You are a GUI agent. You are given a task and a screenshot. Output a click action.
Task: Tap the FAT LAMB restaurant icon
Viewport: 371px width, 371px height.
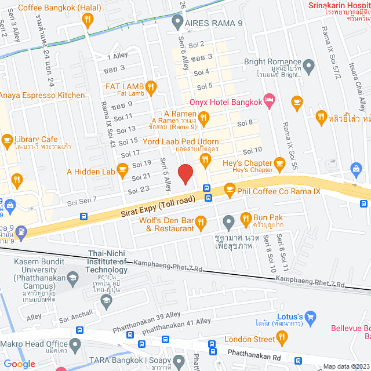click(x=150, y=87)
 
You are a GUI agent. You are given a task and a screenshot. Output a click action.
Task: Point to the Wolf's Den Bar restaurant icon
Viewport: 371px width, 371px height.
click(x=201, y=221)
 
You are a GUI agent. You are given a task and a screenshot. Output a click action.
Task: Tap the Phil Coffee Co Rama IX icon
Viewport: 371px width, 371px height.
click(x=230, y=188)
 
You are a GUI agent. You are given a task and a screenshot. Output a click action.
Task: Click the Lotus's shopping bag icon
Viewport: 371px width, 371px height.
click(x=311, y=317)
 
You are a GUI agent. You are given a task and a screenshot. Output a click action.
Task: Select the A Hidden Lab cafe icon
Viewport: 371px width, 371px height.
click(x=122, y=169)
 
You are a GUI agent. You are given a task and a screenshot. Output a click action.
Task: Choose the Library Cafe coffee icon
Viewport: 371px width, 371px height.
click(x=7, y=140)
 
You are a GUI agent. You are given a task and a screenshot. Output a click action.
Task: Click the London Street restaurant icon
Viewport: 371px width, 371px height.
click(x=282, y=336)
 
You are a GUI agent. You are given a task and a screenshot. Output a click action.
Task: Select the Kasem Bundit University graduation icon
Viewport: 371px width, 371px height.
click(x=72, y=278)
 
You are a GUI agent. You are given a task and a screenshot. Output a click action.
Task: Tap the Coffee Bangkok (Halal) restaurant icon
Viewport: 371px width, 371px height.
click(x=88, y=21)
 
